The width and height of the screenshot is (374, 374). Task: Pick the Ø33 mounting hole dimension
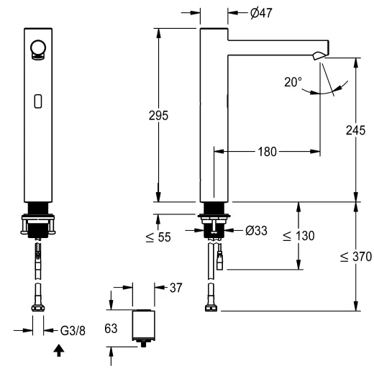point(257,232)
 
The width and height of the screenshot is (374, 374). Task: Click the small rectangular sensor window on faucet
point(37,101)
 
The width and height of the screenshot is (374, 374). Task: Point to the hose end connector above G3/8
point(39,304)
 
